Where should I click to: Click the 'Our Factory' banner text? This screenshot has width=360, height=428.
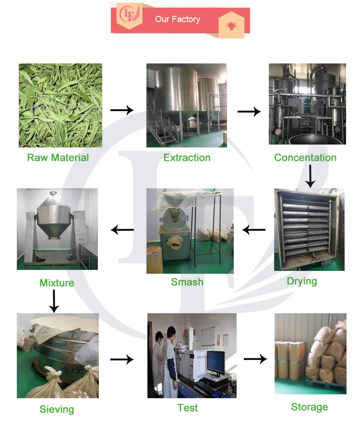(x=177, y=19)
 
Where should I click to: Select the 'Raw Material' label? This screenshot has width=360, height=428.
(x=58, y=158)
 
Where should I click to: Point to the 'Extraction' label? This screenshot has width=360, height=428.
(x=187, y=158)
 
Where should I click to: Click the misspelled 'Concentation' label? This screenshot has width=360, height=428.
(x=305, y=158)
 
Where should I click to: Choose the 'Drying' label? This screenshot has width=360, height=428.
(x=302, y=281)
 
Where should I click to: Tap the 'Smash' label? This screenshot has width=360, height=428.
(x=187, y=282)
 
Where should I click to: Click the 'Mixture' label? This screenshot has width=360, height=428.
(x=57, y=283)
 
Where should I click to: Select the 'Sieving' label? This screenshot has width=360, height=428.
(x=57, y=409)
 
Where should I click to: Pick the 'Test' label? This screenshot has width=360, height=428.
(x=187, y=408)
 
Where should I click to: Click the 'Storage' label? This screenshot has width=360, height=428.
(x=310, y=407)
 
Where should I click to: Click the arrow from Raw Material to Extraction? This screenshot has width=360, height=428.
(x=122, y=110)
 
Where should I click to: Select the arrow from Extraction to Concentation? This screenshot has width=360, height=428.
(x=249, y=111)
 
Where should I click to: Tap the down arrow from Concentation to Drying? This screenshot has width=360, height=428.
(x=310, y=176)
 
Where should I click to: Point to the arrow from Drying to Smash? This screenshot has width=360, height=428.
(x=254, y=230)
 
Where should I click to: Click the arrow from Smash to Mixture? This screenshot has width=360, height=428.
(x=122, y=230)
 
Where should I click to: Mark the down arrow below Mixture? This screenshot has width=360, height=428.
(x=54, y=301)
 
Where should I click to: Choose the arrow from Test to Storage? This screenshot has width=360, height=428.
(x=255, y=359)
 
